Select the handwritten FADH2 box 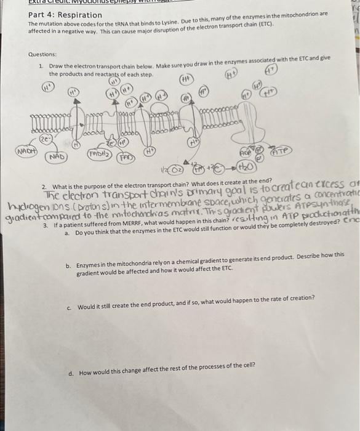[98, 153]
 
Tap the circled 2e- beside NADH [45, 139]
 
